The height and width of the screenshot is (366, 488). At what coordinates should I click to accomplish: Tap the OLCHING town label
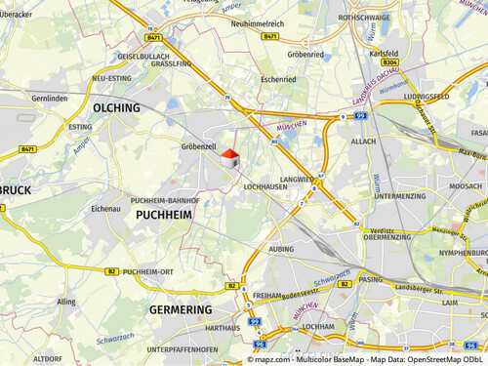(116, 107)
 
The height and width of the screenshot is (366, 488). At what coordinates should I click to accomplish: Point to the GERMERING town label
(181, 309)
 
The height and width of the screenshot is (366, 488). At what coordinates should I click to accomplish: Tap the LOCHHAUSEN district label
(264, 184)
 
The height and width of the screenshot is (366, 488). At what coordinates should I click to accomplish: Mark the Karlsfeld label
(386, 54)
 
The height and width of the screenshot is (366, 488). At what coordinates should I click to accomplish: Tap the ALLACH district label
(363, 142)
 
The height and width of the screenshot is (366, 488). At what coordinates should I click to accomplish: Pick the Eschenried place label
(278, 78)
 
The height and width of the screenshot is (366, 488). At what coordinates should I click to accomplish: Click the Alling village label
(65, 302)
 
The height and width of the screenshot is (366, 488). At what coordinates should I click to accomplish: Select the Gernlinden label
(51, 99)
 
